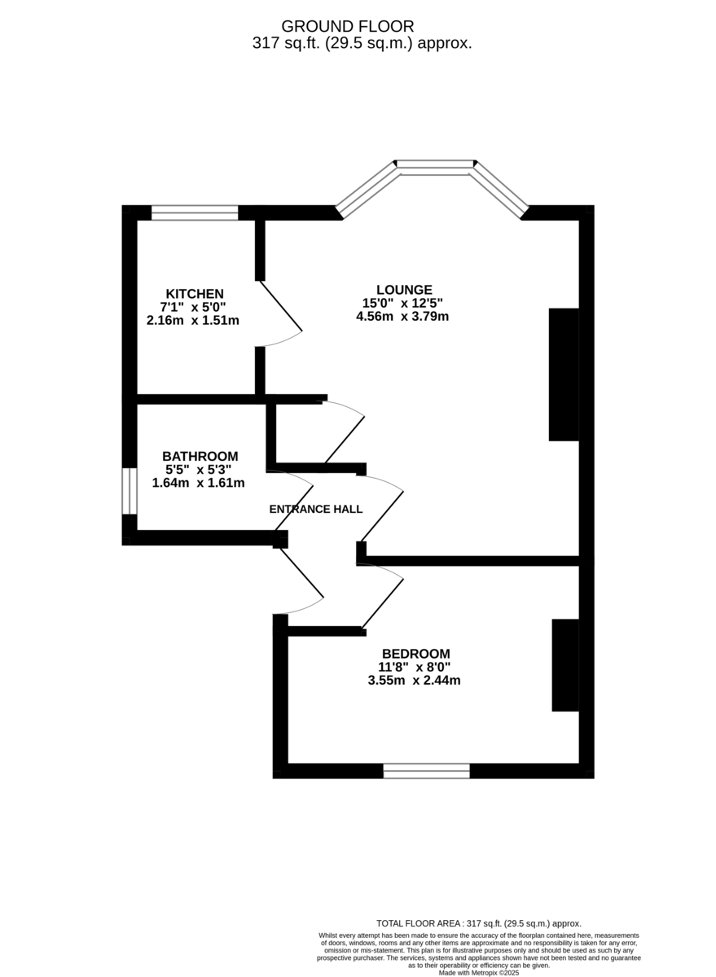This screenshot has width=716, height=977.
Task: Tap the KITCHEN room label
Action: coord(195,294)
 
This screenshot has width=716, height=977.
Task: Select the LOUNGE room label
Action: coord(404,289)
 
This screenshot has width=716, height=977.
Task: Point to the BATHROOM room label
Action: coord(200,456)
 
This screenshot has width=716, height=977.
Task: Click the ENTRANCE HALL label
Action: coord(316,510)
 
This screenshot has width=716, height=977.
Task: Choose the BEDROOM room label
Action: coord(415,654)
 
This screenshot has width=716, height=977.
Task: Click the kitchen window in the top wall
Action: coord(195,212)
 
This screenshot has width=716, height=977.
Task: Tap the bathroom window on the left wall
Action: coord(129,491)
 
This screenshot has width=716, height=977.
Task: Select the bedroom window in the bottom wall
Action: coord(427,770)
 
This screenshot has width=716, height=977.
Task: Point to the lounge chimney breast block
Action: coord(564,375)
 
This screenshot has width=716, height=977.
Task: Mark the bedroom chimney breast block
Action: coord(565,665)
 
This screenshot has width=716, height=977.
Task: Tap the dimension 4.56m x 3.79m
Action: coord(402,317)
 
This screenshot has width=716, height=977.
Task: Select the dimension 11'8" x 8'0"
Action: coord(415,667)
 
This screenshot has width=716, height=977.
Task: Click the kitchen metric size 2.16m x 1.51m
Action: coord(193,320)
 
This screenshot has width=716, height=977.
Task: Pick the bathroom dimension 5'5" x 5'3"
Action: coord(200,470)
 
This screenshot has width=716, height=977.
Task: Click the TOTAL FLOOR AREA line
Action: coord(479,923)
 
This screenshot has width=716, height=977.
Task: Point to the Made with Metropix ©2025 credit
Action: coord(479,972)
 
